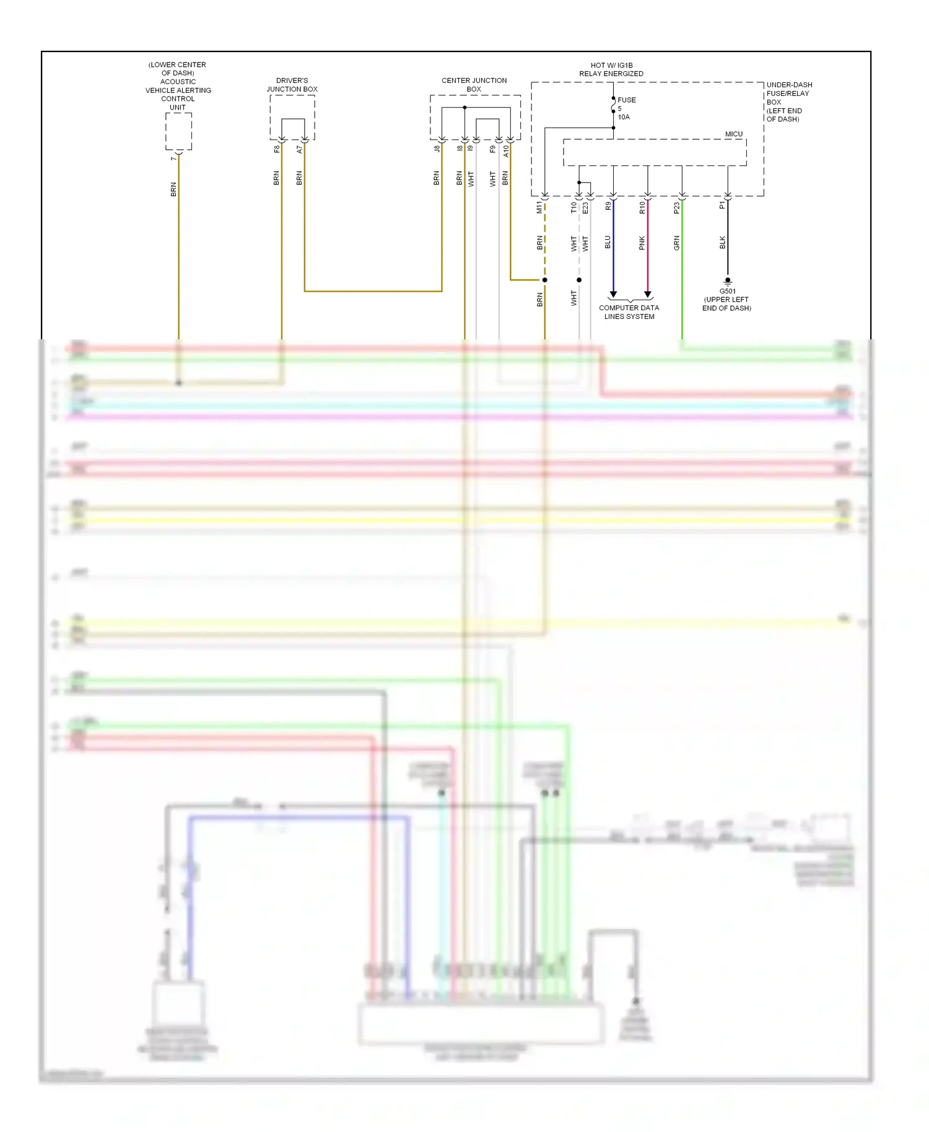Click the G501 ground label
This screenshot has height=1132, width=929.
727,291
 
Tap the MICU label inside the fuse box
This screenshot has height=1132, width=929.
733,134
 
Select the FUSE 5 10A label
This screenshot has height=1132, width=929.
626,108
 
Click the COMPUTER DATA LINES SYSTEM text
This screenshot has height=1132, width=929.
629,312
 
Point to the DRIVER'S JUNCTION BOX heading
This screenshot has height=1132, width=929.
292,85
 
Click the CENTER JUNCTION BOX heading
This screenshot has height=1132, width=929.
474,85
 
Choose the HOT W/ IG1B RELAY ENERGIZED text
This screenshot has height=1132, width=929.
611,69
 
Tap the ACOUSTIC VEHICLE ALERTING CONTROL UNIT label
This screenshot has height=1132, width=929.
178,86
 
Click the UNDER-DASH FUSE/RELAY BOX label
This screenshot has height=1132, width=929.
788,102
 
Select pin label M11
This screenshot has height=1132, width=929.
539,207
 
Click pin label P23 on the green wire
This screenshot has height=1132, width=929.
676,207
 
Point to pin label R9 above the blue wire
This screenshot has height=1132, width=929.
608,206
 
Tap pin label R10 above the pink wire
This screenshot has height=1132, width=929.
642,207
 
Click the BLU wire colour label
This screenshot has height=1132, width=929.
608,242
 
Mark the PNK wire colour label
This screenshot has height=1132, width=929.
642,243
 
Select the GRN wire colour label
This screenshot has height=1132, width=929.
676,243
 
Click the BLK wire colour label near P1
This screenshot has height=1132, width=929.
722,243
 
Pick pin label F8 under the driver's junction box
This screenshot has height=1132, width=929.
276,149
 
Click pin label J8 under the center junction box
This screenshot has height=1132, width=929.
437,149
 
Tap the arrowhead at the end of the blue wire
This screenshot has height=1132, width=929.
613,294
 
